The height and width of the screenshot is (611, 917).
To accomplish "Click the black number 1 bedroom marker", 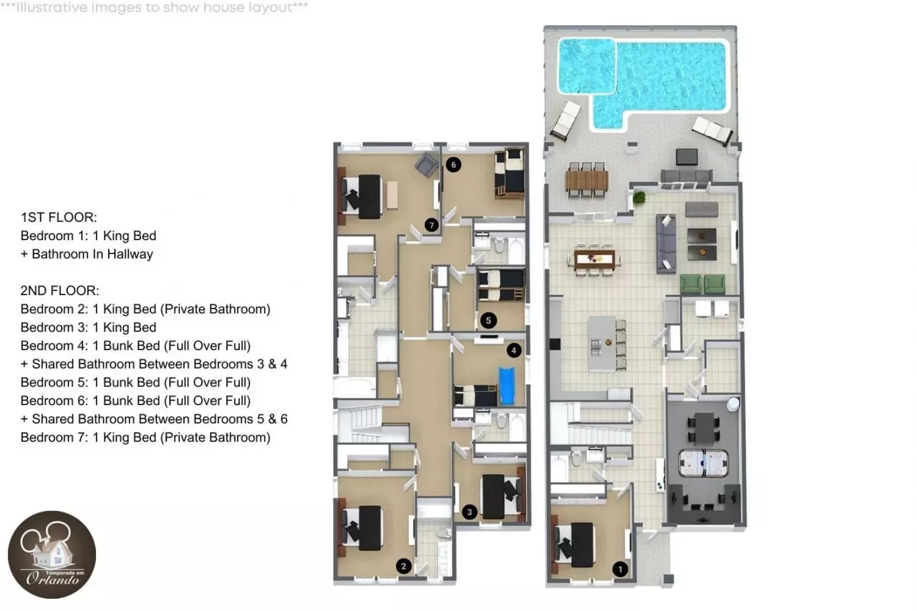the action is [x=620, y=569].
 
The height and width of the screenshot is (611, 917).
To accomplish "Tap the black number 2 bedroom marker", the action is [x=403, y=566].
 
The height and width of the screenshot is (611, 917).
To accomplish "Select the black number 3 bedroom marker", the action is [x=469, y=512].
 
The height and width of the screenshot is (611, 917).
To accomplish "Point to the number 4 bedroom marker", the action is [x=514, y=350].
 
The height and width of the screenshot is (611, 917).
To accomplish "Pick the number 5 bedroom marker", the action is [x=489, y=320].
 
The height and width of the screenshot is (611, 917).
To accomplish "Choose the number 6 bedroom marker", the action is [x=453, y=165].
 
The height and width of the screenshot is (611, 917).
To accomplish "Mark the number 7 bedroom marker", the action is [x=432, y=225].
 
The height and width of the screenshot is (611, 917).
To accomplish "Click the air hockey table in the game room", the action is [x=704, y=463].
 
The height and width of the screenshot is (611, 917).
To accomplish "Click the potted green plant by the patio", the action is [x=638, y=198].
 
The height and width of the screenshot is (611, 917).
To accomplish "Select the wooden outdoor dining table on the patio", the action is [x=586, y=180].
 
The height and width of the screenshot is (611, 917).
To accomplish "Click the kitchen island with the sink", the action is [x=602, y=343].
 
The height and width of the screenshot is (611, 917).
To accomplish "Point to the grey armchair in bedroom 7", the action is [x=427, y=164].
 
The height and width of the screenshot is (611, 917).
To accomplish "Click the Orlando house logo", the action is [x=52, y=555].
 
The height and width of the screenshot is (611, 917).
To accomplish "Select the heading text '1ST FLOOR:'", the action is [x=59, y=217].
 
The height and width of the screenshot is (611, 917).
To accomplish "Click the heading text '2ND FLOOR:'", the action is [x=60, y=291].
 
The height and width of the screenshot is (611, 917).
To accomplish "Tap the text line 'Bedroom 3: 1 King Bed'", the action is [x=89, y=327].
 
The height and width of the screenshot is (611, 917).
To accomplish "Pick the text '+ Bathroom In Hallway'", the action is [x=87, y=254].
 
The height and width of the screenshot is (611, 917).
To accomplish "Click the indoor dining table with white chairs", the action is [x=594, y=260].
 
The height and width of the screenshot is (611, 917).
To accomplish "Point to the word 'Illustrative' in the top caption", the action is [x=52, y=7].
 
